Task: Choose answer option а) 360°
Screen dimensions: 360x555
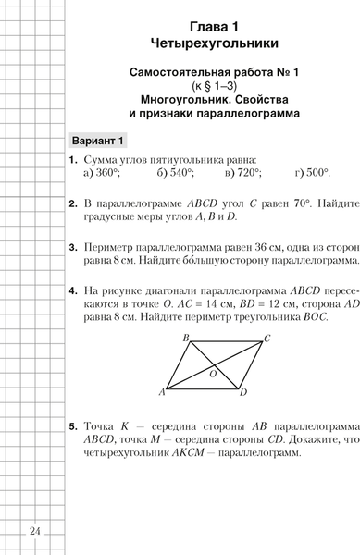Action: [102, 172]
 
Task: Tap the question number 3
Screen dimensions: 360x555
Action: [72, 248]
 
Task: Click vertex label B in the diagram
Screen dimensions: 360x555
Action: [186, 311]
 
